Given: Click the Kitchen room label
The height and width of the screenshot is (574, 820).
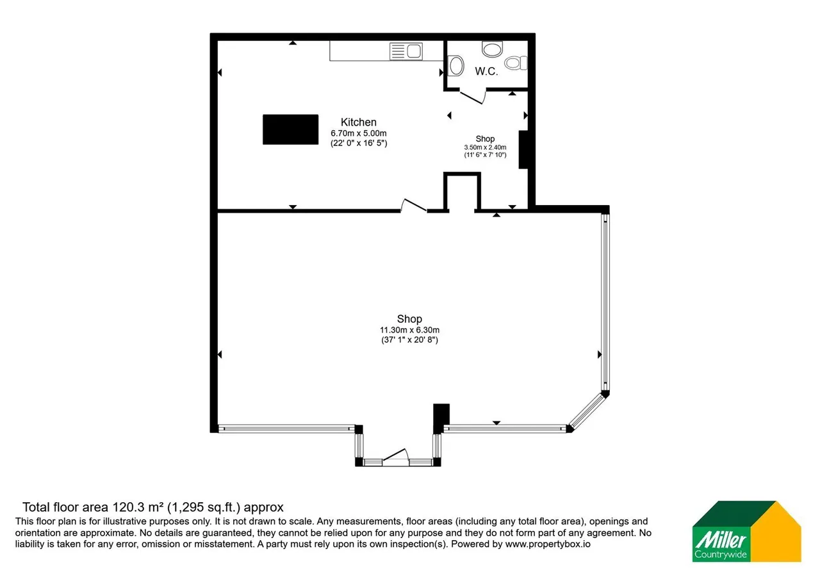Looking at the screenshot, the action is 358,122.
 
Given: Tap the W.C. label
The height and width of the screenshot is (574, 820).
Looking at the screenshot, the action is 486,71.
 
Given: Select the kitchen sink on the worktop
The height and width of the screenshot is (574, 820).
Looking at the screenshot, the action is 406,51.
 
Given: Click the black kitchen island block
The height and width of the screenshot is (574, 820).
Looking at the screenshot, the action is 290,129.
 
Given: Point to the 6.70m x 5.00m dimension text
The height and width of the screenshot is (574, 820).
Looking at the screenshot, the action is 358,133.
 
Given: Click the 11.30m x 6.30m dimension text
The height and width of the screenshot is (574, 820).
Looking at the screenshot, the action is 409,330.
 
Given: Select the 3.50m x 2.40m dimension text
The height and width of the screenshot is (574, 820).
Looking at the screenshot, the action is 485,147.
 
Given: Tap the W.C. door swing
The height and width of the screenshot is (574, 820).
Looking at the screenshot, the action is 473,97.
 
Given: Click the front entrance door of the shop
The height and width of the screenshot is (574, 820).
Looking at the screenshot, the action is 396,457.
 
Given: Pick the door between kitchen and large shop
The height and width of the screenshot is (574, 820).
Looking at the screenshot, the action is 414,206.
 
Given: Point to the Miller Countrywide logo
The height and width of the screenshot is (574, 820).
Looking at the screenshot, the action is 746,531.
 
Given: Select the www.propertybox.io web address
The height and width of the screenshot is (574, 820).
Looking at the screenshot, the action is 548,544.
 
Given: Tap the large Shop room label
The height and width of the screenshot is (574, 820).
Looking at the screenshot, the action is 409,319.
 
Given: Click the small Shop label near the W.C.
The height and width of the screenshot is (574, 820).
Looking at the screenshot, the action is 485,139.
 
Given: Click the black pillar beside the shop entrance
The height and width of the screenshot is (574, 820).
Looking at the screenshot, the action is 441,418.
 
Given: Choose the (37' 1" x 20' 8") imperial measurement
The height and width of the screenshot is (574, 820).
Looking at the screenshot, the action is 409,340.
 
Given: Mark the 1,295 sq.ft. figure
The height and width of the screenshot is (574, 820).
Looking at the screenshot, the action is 204,507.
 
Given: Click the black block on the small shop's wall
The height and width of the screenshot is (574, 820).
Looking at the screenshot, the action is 523,149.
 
